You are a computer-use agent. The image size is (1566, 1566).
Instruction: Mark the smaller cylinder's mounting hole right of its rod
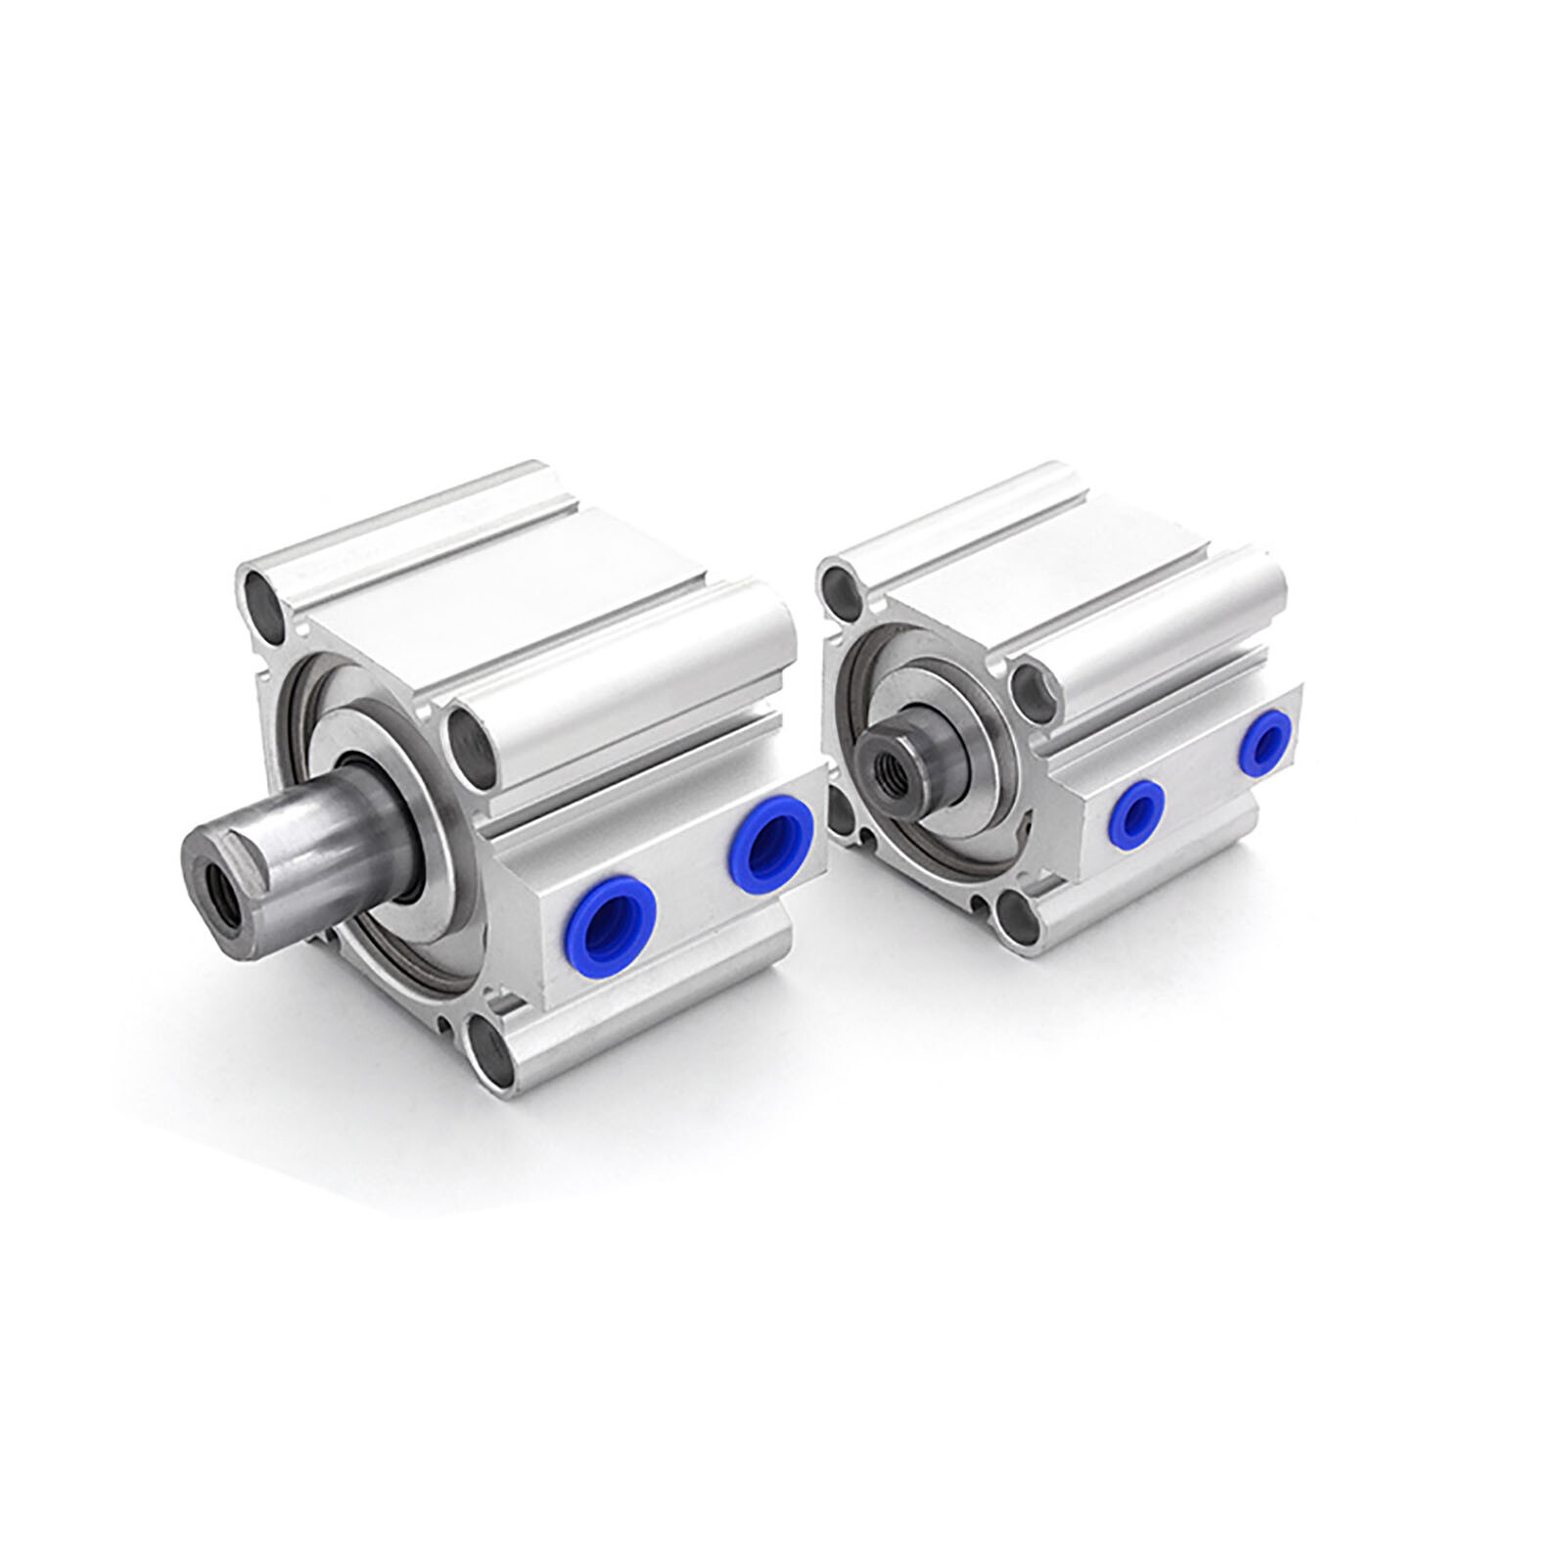click(x=1034, y=685)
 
